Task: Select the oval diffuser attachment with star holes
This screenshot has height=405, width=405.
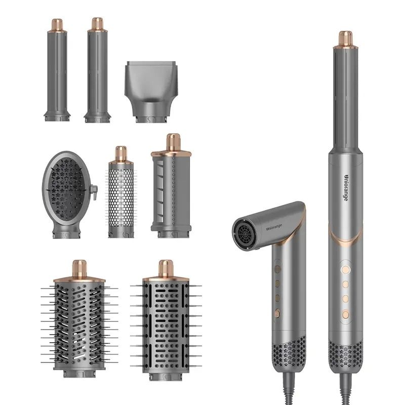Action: point(67,194)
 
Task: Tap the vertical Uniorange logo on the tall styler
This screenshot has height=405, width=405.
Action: point(346,187)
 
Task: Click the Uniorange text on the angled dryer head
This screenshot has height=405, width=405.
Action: point(274,227)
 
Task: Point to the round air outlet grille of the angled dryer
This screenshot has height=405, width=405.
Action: point(245,234)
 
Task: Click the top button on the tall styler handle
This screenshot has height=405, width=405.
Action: point(346,270)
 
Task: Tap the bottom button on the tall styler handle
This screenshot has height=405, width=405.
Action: point(346,314)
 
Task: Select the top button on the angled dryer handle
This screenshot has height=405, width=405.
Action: point(277,269)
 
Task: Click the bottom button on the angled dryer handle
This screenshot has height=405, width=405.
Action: point(277,314)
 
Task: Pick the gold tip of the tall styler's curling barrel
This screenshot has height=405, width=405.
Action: point(346,39)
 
